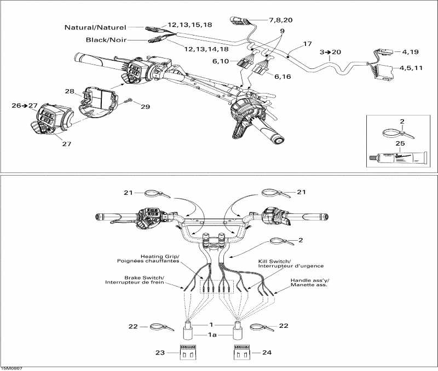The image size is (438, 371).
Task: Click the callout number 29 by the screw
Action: (145, 107)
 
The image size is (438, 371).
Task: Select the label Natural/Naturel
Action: (95, 27)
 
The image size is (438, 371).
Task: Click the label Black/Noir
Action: (106, 40)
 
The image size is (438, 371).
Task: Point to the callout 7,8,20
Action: (280, 20)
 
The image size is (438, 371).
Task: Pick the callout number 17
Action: (307, 43)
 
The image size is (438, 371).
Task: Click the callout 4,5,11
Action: (411, 68)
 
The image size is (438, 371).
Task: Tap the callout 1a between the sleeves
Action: (215, 335)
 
